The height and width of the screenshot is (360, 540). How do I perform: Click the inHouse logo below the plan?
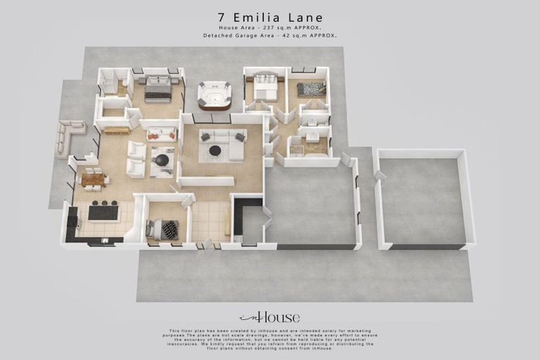coord(269,317)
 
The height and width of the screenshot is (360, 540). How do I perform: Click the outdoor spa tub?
coord(214,94)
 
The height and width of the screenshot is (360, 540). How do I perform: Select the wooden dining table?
coord(93,179)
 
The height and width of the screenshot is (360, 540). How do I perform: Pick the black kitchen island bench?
coord(103,211)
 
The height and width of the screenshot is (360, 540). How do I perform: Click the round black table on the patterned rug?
coord(162,160)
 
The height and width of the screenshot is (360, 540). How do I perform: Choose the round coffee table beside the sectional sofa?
coord(215,150)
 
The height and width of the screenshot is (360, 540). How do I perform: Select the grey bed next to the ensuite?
coord(158,89)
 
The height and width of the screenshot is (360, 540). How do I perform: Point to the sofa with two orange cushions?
coord(161,134)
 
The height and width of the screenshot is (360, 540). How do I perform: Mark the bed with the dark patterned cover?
coord(311,89)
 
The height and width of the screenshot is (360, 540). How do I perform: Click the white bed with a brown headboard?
coord(266,87)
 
